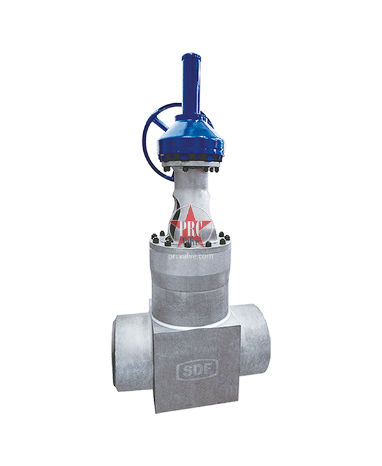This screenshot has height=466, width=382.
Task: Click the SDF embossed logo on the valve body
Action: tap(198, 369)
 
